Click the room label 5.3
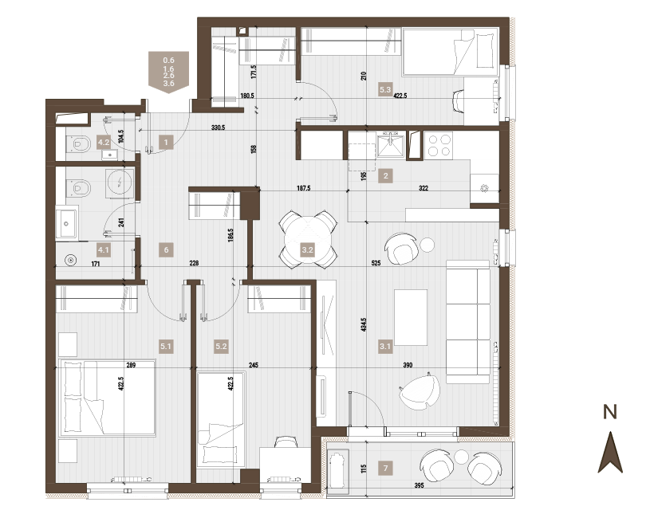coord(385,89)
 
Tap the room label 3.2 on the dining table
coord(307,250)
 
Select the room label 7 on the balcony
coord(385,468)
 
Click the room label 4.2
coord(104,142)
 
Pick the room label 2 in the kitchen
coord(385,176)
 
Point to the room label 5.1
coord(166,346)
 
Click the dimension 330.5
coord(218,128)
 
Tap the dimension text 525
coord(376,263)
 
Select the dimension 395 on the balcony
coord(419,485)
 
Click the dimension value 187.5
coord(304,188)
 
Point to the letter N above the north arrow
coord(610,412)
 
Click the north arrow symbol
coord(610,452)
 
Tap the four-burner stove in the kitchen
coord(439,145)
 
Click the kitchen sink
coord(390,144)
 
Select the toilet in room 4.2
coord(79,144)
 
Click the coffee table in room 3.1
coord(411,317)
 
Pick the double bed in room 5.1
coord(108,398)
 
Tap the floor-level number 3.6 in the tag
coord(168,84)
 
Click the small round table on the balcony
coord(462,457)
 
